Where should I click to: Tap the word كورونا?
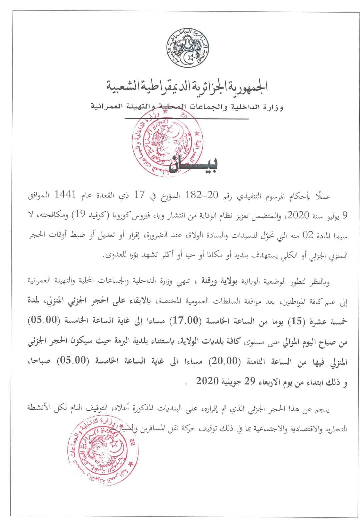pos(214,215)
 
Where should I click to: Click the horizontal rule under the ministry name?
pos(186,118)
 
